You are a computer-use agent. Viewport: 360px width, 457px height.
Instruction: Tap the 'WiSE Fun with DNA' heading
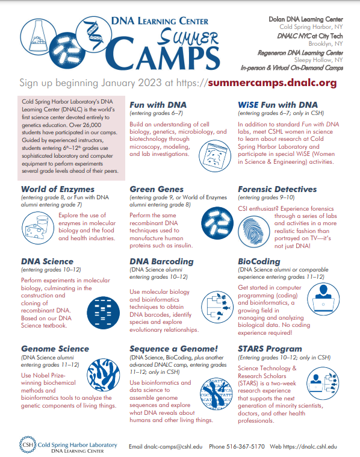point(278,105)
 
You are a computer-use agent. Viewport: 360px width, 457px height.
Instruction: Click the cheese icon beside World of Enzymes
point(38,228)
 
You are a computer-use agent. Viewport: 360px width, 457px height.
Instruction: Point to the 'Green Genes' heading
point(157,189)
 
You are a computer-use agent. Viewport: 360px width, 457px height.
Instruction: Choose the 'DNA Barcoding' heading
point(161,261)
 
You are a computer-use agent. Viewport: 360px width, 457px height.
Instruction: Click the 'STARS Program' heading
point(270,348)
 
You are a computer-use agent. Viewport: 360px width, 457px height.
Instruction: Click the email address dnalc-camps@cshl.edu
point(164,446)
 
